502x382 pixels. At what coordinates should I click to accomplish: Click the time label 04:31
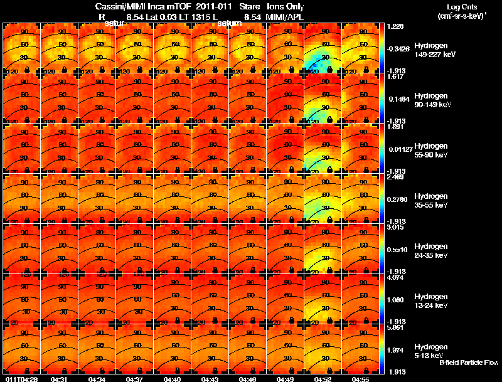click(60, 379)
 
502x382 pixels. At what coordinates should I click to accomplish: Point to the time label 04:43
click(210, 379)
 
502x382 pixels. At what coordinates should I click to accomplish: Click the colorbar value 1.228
click(396, 26)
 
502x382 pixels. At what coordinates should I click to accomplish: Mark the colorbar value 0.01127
click(399, 149)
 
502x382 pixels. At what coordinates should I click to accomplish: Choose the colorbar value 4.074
click(396, 277)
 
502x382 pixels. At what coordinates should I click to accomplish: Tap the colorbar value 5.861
click(396, 327)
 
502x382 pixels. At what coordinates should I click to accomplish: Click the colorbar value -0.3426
click(399, 48)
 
